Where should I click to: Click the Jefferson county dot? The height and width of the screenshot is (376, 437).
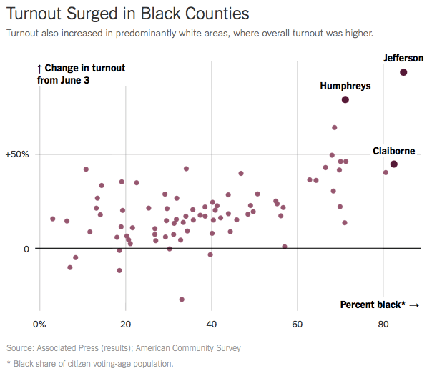pos(403,72)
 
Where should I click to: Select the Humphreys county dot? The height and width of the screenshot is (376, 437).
pos(345,99)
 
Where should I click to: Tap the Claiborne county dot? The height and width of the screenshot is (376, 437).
pos(394,164)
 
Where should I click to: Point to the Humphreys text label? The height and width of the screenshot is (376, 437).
pos(345,86)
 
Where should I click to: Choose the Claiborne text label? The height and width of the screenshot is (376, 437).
pos(394,151)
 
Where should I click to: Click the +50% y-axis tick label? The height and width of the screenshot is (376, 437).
pos(19,154)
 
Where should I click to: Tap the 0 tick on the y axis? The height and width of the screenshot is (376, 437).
pos(28,249)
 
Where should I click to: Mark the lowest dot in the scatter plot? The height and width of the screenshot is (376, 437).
pos(182,300)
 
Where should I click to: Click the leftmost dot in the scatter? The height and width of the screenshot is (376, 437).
pos(53,219)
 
